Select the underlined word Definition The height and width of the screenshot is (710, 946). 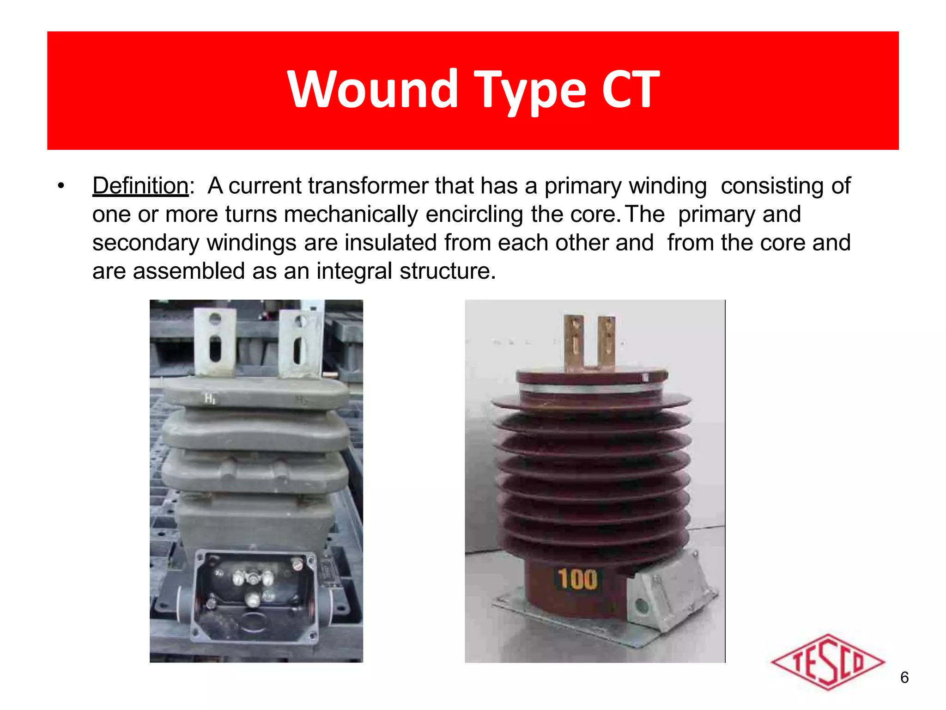(140, 186)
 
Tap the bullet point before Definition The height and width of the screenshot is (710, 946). (61, 186)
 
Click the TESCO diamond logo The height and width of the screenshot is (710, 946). (827, 662)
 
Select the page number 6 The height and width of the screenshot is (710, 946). (904, 678)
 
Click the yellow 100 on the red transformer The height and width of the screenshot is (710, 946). (577, 579)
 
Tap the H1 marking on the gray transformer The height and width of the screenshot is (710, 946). (210, 398)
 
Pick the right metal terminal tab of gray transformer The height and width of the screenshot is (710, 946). (300, 343)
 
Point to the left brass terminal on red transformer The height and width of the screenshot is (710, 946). (574, 341)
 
